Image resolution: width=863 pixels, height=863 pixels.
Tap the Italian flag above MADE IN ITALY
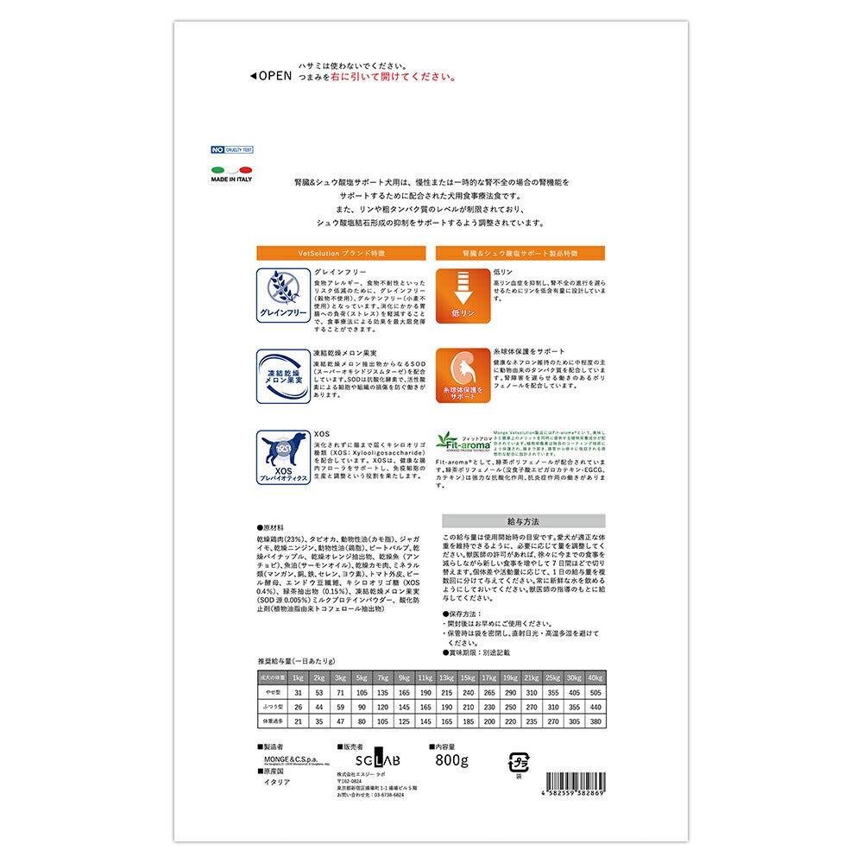[x=230, y=169]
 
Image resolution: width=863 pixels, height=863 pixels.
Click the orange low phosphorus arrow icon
[x=463, y=295]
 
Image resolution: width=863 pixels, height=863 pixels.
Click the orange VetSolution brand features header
[x=341, y=253]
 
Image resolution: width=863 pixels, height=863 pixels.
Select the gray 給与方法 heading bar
[x=523, y=521]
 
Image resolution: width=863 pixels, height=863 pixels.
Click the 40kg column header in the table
[x=594, y=677]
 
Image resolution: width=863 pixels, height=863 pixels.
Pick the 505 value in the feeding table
[x=594, y=693]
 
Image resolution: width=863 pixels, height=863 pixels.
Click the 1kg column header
[x=298, y=677]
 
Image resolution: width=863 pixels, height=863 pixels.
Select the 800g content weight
[x=451, y=759]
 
